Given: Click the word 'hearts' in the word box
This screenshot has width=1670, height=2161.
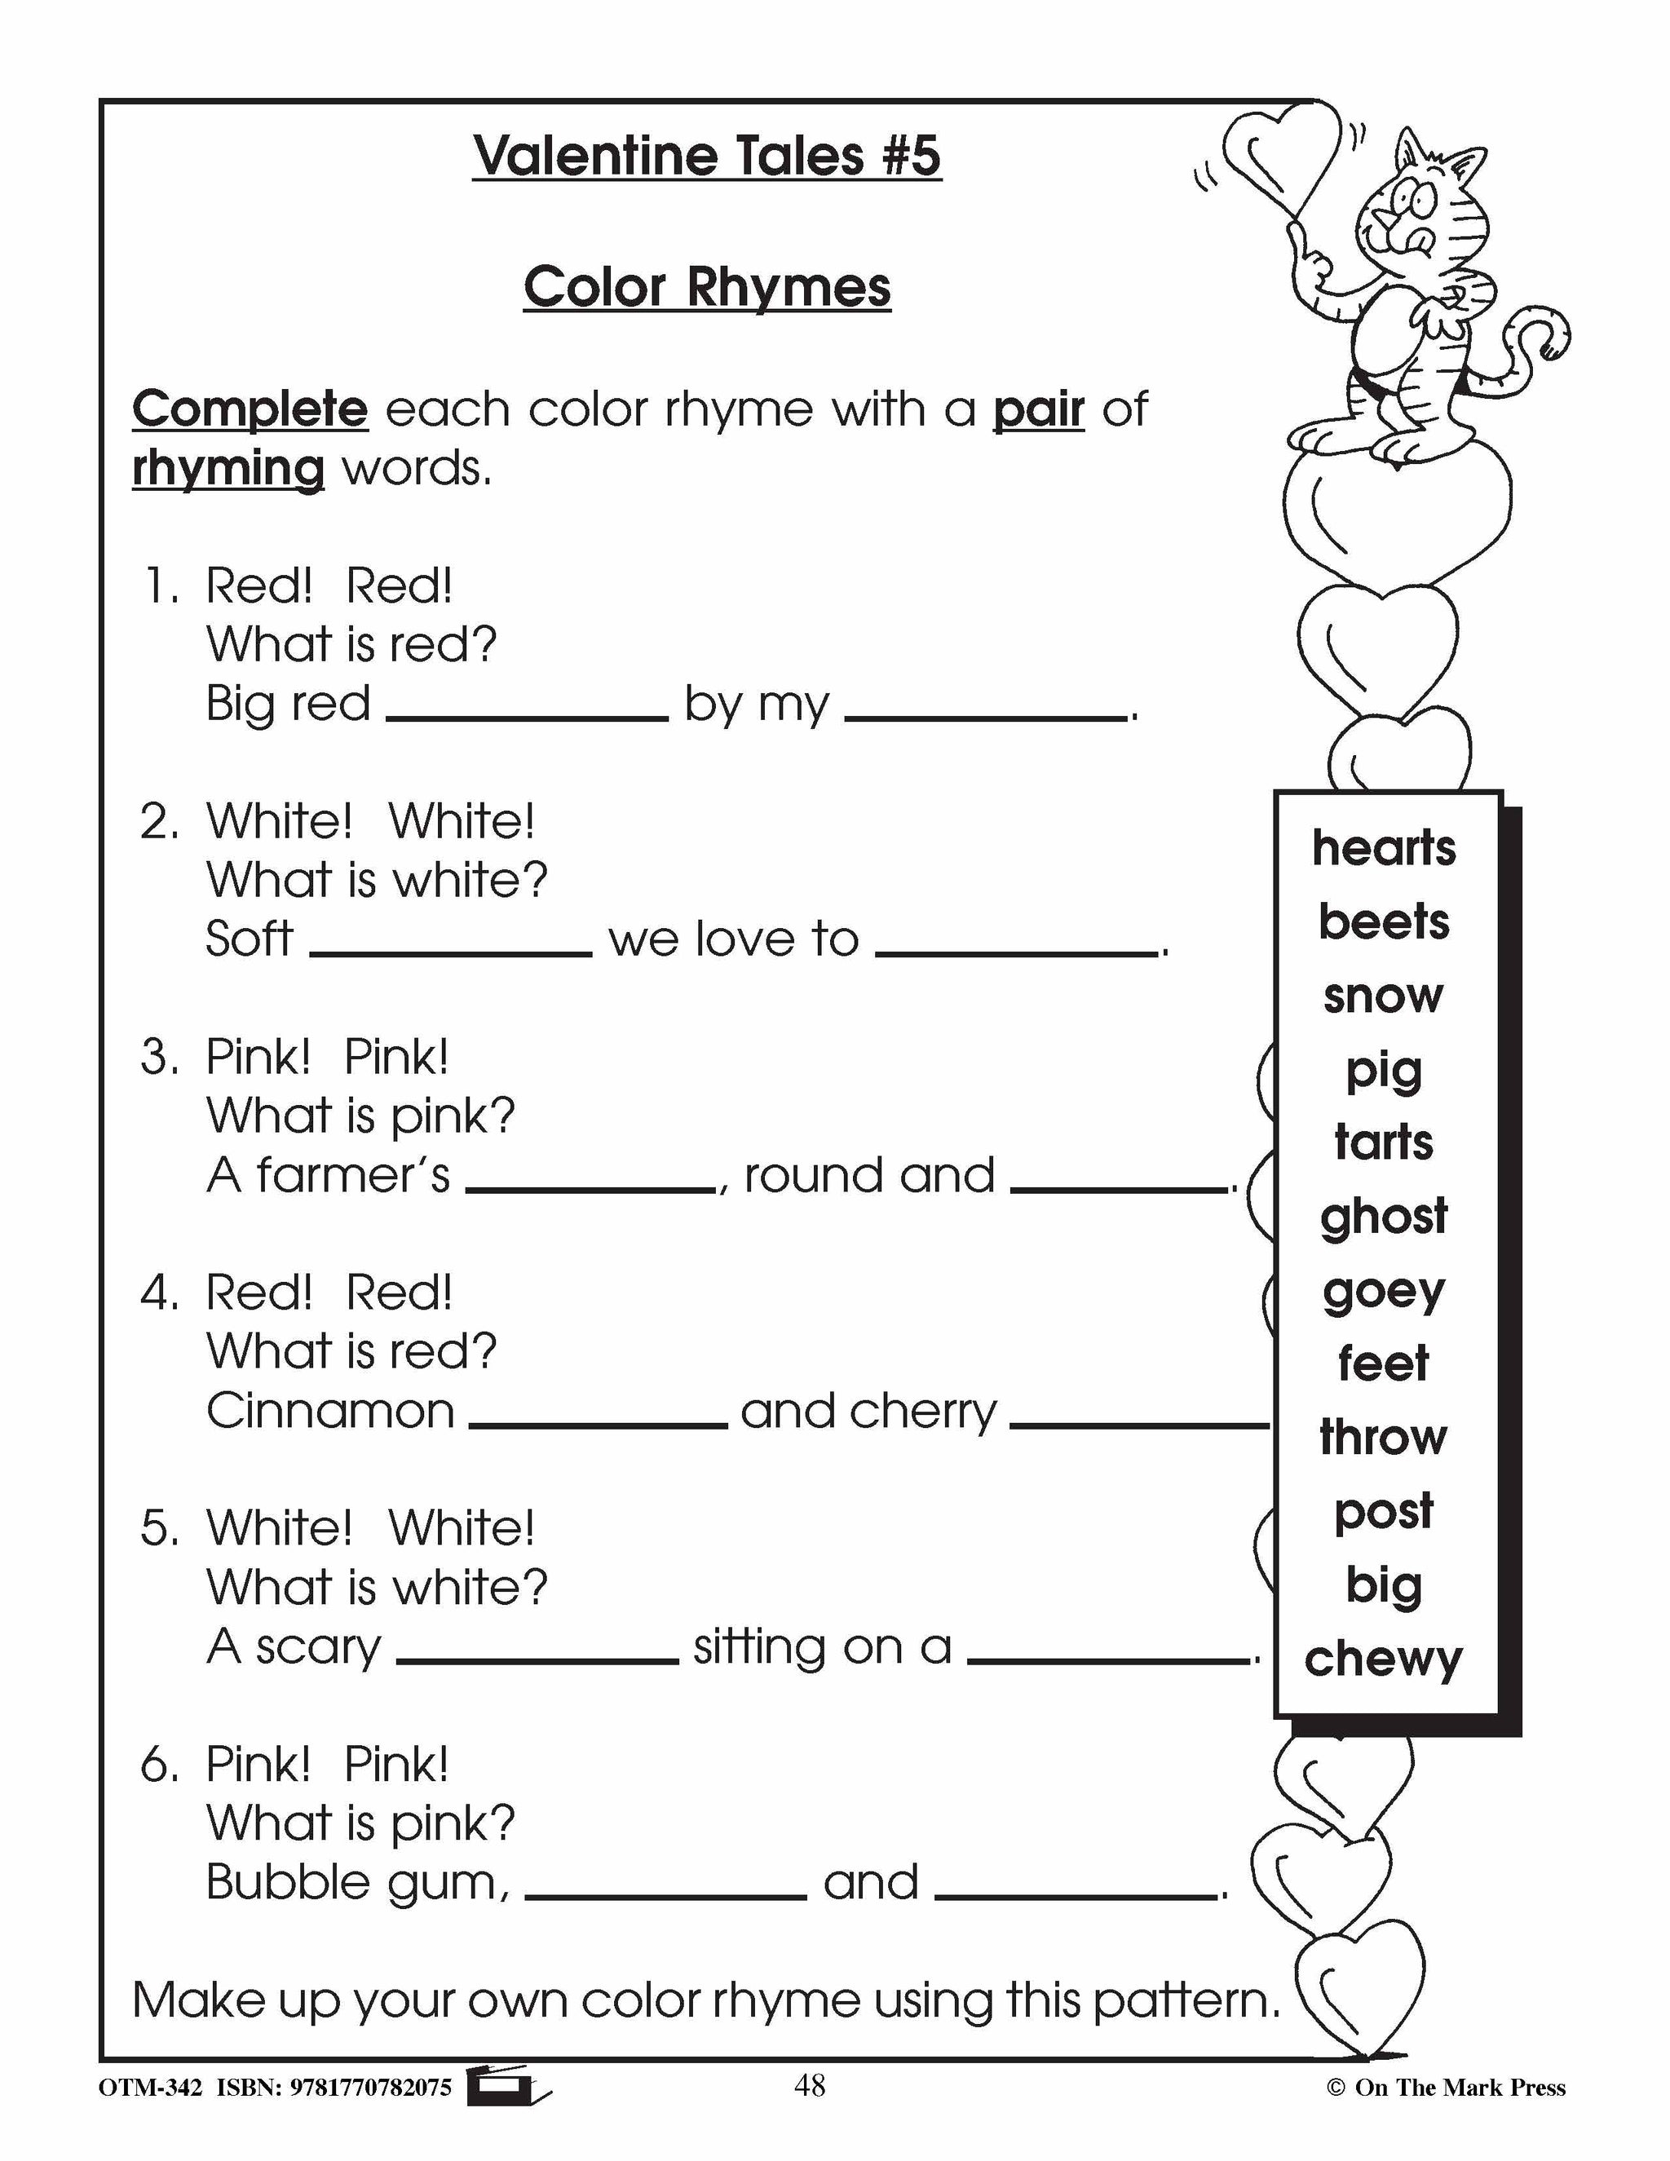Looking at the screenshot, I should (x=1383, y=848).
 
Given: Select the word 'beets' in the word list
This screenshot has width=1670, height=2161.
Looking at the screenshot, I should (x=1383, y=922).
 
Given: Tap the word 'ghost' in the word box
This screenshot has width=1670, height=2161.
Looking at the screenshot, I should (x=1383, y=1216).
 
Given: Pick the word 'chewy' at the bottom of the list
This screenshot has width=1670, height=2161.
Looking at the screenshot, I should (x=1383, y=1659).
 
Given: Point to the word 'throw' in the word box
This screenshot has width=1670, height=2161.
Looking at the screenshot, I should (x=1383, y=1437).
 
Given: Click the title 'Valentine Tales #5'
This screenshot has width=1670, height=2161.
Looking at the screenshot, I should (x=706, y=157).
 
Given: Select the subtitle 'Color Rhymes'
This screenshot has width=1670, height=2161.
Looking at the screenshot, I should (x=706, y=288).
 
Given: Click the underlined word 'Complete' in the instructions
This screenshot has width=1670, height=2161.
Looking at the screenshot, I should (x=250, y=409).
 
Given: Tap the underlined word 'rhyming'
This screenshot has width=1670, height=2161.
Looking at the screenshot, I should (x=228, y=468).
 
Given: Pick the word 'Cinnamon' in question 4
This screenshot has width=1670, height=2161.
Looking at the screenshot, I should (x=330, y=1411).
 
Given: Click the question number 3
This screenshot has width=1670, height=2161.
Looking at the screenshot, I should (x=158, y=1058).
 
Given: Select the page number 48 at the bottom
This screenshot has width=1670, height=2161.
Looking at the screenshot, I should (x=808, y=2086).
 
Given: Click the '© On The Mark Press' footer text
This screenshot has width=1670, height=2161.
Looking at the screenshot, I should (x=1446, y=2088).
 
